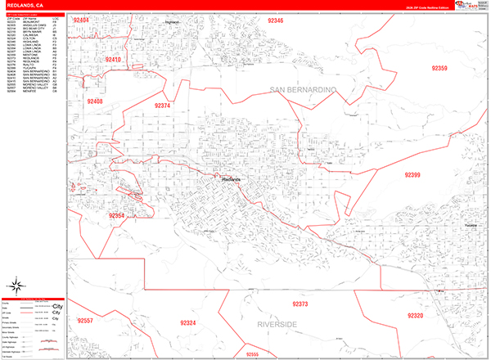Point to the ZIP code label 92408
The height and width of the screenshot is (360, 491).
pyautogui.click(x=92, y=101)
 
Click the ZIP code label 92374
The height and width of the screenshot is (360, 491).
pyautogui.click(x=162, y=106)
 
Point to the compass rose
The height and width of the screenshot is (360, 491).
pyautogui.click(x=16, y=286)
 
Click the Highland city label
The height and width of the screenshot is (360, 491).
pyautogui.click(x=172, y=22)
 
